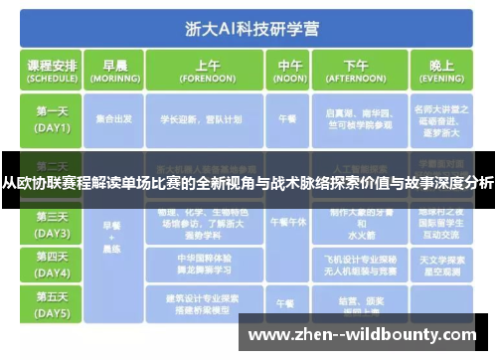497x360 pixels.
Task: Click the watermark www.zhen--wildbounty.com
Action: click(367, 334)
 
